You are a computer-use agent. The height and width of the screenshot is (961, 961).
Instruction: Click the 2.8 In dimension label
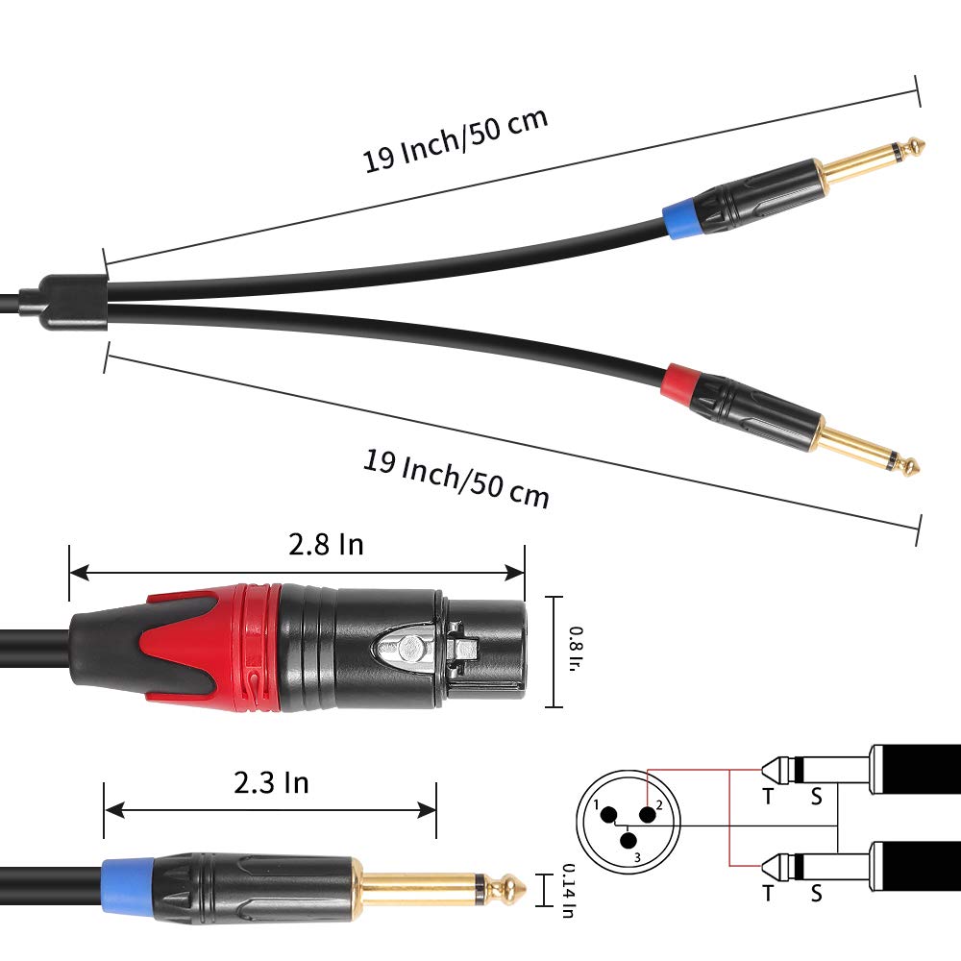(326, 544)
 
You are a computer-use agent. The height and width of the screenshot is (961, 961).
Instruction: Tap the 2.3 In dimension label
(271, 782)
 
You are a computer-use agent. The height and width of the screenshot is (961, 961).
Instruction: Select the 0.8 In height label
(576, 649)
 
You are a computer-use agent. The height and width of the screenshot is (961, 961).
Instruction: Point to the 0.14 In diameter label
(569, 891)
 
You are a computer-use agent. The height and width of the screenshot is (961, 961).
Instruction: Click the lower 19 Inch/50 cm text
(456, 478)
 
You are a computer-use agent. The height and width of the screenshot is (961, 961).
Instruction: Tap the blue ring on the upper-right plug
(681, 218)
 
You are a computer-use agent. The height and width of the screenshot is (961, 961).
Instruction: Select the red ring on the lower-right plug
(679, 382)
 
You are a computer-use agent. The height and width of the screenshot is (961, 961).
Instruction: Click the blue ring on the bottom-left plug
(128, 890)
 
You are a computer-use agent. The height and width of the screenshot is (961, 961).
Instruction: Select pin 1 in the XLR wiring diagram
(608, 815)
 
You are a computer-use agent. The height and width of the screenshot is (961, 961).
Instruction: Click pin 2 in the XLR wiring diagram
(647, 815)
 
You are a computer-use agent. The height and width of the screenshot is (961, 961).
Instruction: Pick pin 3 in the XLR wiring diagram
(628, 840)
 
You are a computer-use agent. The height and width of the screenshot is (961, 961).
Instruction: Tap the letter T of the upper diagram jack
(768, 796)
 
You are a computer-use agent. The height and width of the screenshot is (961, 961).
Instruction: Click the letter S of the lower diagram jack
(816, 893)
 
